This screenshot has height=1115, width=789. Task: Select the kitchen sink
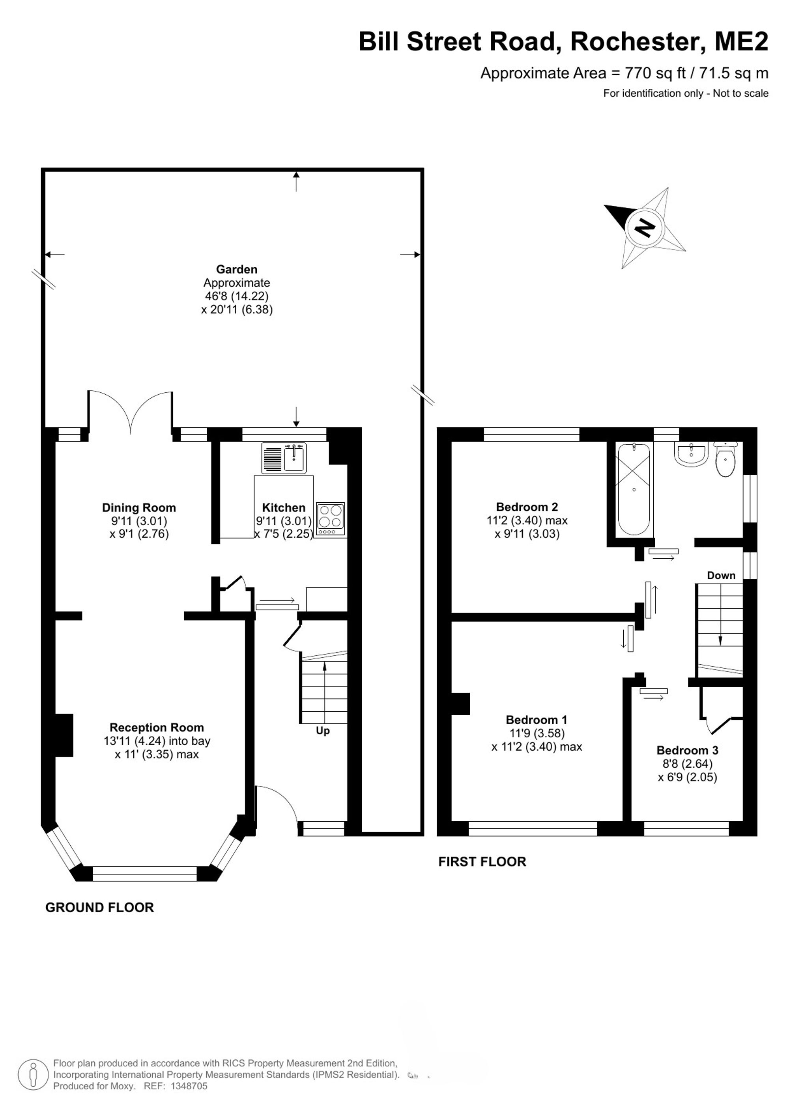pos(284,458)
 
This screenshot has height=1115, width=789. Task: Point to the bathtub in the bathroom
pos(634,490)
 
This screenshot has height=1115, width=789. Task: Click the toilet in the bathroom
pos(725,459)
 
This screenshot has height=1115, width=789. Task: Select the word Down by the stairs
pos(721,576)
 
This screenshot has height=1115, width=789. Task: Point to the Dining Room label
pos(139,507)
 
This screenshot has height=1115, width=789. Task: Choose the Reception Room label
pos(157,727)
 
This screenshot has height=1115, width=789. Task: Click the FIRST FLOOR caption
pos(482,861)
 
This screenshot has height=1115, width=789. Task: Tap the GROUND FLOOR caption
pos(99,907)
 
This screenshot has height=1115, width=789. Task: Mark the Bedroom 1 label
pos(537,720)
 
